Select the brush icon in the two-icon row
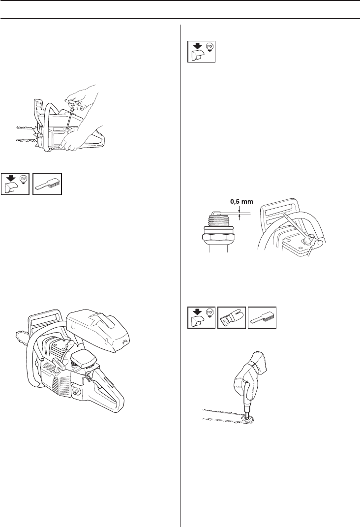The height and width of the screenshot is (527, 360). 47,184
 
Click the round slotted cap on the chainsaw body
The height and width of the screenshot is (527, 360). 76,392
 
